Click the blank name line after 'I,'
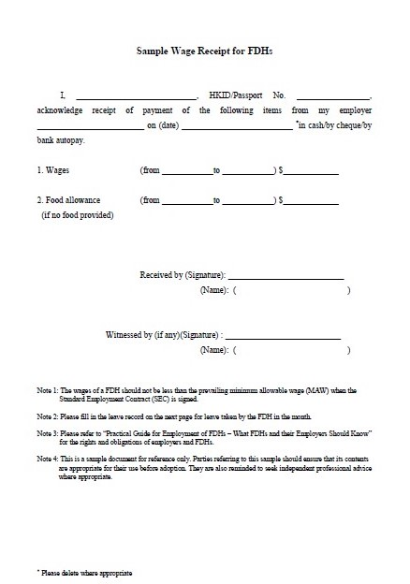136,96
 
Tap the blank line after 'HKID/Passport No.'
333,96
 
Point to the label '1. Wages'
55,170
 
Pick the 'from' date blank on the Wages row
186,172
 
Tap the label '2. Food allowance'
68,200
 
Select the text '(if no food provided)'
78,214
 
